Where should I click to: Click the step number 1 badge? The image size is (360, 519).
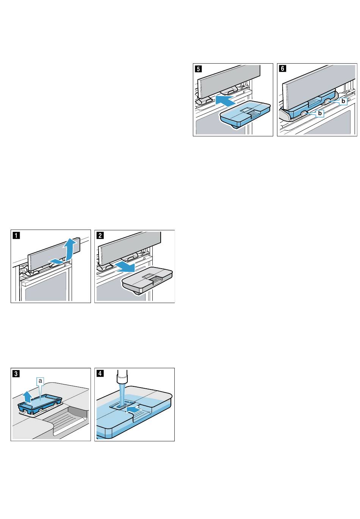click(x=16, y=235)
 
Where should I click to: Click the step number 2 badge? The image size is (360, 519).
click(x=100, y=235)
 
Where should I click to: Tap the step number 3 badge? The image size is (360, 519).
click(x=16, y=374)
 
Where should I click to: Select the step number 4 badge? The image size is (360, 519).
click(x=100, y=374)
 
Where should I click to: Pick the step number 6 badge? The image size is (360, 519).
click(x=283, y=69)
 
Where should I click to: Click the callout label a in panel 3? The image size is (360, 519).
click(x=40, y=380)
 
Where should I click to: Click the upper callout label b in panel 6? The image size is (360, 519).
click(x=343, y=101)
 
